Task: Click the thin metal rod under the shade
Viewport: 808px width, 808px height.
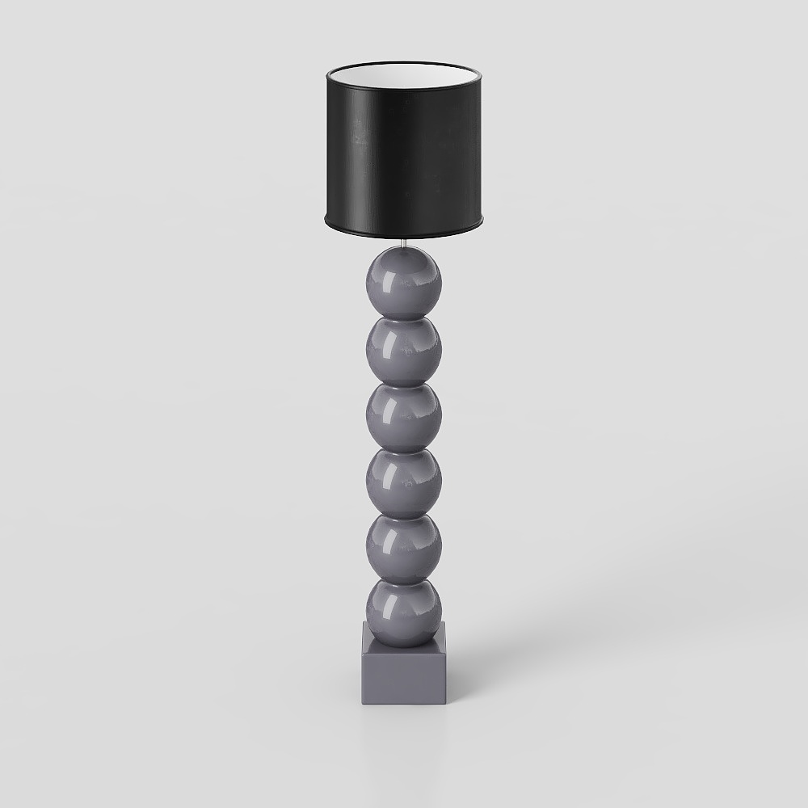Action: point(404,243)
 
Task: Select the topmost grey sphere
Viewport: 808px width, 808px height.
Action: point(404,283)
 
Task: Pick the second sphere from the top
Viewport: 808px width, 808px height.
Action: point(404,351)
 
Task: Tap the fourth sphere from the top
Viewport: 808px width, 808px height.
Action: point(404,483)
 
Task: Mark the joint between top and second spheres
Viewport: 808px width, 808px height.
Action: point(404,318)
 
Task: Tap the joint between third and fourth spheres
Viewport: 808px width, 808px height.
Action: point(404,450)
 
